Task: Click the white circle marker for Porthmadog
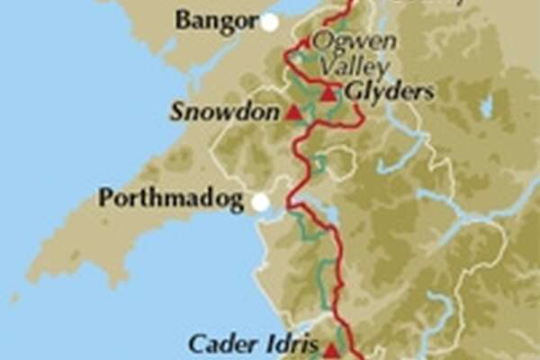260,202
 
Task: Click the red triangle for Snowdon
293,112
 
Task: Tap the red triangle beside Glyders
328,92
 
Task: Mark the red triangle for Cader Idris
331,350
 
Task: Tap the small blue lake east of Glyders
486,108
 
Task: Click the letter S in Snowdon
176,112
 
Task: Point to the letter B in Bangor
183,19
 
